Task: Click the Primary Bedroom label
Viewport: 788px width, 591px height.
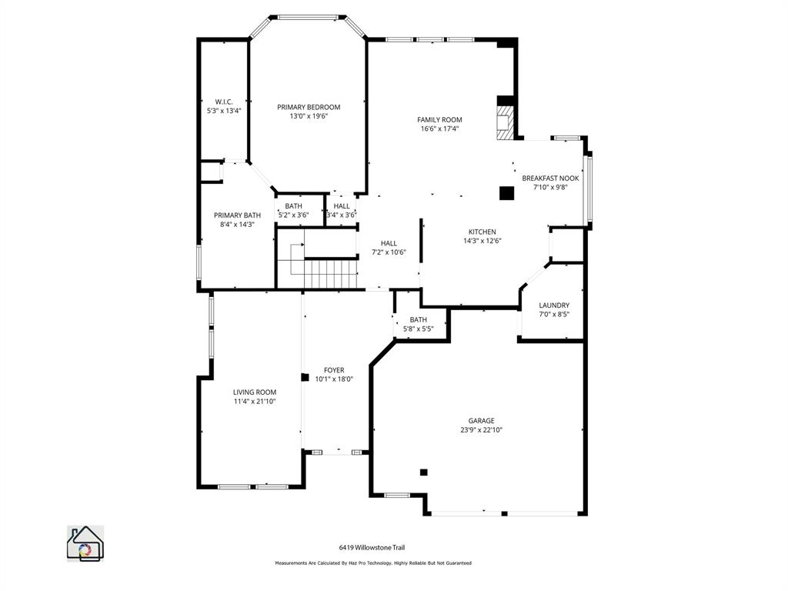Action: click(x=309, y=107)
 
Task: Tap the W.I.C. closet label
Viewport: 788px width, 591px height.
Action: click(x=224, y=102)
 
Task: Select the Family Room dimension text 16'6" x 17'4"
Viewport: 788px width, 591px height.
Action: click(x=439, y=129)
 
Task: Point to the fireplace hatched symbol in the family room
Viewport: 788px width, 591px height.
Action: click(x=504, y=123)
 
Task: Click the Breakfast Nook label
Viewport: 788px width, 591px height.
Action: click(x=550, y=178)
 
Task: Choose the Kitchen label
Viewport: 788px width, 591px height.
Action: click(x=482, y=232)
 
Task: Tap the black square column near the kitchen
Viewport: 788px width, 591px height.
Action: click(x=506, y=193)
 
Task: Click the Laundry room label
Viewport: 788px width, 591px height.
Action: click(x=554, y=306)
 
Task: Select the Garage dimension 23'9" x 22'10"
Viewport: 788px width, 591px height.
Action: click(x=482, y=430)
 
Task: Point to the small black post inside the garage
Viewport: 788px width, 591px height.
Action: click(x=423, y=472)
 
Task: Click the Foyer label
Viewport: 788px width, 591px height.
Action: click(x=334, y=370)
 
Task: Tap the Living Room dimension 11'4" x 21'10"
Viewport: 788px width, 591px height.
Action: click(x=255, y=401)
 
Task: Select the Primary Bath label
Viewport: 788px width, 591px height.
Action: click(x=237, y=215)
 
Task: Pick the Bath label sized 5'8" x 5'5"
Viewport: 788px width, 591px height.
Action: click(x=419, y=320)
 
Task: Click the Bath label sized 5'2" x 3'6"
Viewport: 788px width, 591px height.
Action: click(x=293, y=206)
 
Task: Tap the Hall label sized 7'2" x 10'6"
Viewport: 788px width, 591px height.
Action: click(x=389, y=243)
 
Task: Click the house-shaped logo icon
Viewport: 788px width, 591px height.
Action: click(x=85, y=543)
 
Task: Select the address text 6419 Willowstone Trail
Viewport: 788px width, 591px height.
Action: click(x=372, y=548)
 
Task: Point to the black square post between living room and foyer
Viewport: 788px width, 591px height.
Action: click(x=305, y=378)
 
